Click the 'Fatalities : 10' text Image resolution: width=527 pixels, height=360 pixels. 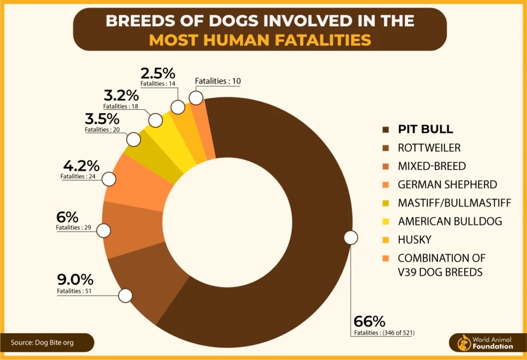pos(218,81)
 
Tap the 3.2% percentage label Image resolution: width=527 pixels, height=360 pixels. pos(121,95)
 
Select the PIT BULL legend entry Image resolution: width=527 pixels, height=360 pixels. pos(425,129)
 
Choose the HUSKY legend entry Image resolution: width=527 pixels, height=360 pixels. pos(414,239)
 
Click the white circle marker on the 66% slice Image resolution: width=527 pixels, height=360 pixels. pos(350,237)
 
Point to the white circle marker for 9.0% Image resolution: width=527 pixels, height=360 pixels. pos(126,296)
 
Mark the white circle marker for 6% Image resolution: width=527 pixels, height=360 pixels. pos(103,230)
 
